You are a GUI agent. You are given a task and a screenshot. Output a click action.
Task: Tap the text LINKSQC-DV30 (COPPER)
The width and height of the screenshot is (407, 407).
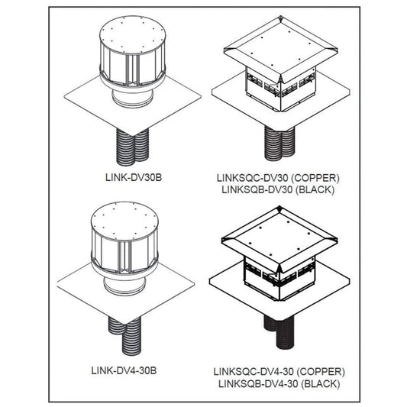point(277,177)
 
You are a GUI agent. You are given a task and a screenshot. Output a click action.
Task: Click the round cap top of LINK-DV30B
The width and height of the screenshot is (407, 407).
point(132,34)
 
